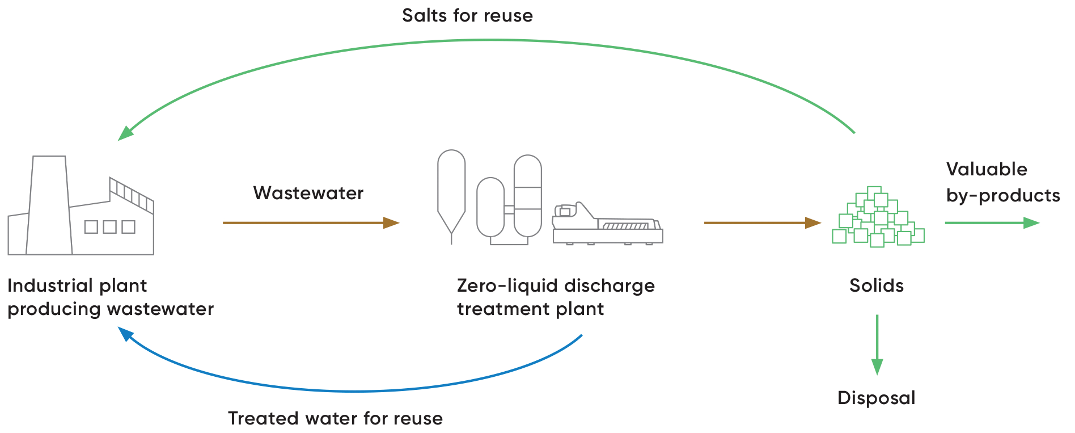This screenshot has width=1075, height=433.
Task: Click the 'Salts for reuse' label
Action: (x=467, y=15)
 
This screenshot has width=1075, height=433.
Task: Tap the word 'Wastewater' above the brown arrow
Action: (x=308, y=193)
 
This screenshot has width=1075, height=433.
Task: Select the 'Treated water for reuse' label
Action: (x=335, y=418)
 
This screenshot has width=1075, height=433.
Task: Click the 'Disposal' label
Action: (x=876, y=398)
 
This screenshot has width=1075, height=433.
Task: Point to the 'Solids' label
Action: (x=876, y=285)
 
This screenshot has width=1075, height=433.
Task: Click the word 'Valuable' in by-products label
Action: (x=987, y=169)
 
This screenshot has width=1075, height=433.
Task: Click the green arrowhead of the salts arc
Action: (x=125, y=133)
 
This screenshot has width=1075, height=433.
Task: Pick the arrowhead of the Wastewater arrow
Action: (x=391, y=223)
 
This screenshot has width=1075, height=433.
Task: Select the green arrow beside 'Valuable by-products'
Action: (x=992, y=223)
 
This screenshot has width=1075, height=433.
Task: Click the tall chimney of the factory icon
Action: (x=49, y=204)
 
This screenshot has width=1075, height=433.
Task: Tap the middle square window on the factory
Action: (x=110, y=227)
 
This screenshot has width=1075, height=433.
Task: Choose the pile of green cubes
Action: (x=878, y=218)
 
